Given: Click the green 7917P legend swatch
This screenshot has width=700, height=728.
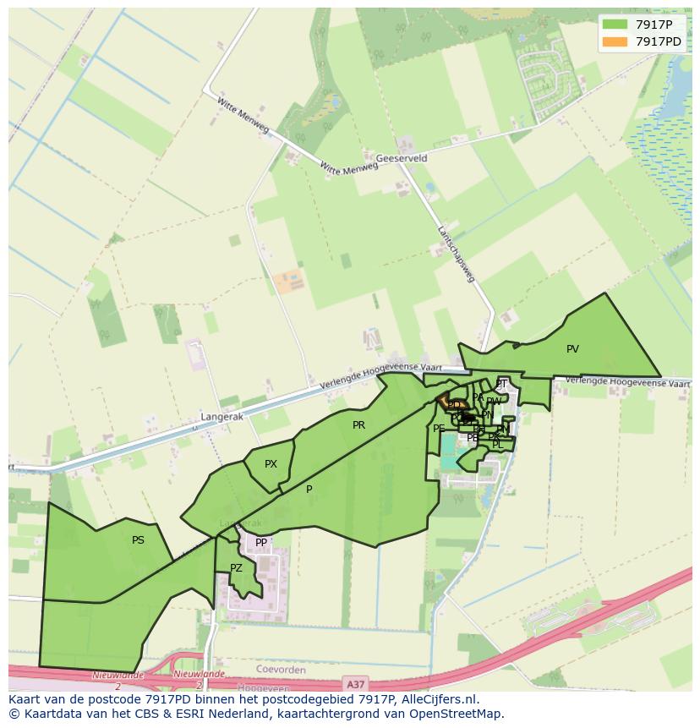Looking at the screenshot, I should pos(615,24).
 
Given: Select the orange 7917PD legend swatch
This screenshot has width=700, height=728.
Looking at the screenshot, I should pos(615,41).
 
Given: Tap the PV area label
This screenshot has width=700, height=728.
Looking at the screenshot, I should pos(572,349).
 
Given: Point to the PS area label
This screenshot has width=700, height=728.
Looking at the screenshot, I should pos(138,540).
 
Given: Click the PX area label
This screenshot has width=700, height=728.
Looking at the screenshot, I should pos(271,464).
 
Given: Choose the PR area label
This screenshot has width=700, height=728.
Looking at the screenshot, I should pos(358,425).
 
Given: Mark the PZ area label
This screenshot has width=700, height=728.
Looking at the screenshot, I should pos(236,568).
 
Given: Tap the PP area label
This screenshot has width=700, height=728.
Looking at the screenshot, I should pos(261,543).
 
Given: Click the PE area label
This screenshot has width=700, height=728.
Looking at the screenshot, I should pos(439,429).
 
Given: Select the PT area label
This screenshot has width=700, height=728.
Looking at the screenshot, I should pos(501,384).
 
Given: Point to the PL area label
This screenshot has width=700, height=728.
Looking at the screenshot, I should pos(497,445).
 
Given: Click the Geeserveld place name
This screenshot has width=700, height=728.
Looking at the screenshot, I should pos(402,158).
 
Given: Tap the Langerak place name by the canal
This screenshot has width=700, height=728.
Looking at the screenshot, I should pos(221,418).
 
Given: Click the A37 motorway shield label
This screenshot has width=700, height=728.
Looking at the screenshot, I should pos(357,681).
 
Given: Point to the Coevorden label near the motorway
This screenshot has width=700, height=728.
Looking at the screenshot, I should pos(279,670).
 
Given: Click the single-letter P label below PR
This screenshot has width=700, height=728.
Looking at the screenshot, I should pos(309,490).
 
